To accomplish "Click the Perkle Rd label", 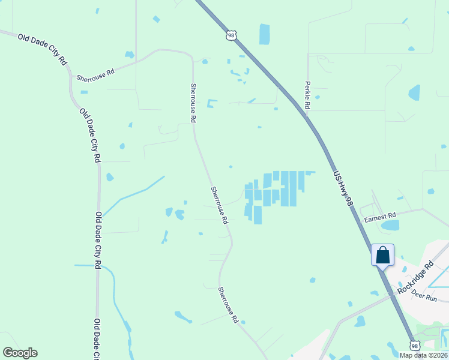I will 307,95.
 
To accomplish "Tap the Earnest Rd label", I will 379,217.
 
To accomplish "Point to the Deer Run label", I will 424,296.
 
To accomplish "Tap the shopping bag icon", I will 382,255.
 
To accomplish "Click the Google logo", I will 20,353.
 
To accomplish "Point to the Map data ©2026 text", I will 423,355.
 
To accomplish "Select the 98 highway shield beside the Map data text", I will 415,345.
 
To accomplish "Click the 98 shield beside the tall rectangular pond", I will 231,36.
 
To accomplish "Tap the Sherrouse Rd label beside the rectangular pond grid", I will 219,205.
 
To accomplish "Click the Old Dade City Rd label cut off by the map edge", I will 97,339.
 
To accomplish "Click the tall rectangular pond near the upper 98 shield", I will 264,34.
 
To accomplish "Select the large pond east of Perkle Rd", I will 414,92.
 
